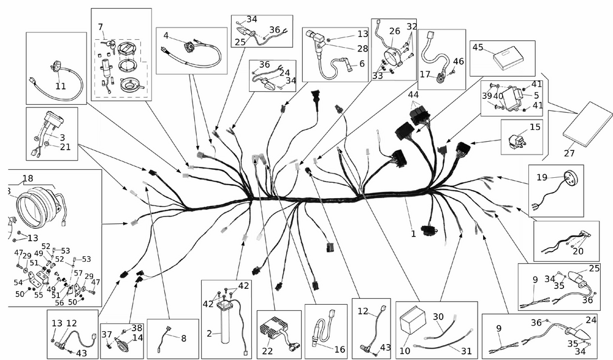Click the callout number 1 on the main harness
click(x=413, y=234)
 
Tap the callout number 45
click(x=478, y=48)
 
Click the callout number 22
click(x=267, y=350)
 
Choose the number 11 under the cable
click(x=61, y=86)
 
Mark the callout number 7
click(x=101, y=26)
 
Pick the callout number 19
click(x=541, y=178)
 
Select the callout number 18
click(x=28, y=178)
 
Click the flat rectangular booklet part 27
click(x=587, y=128)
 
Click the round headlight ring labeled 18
click(x=36, y=202)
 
